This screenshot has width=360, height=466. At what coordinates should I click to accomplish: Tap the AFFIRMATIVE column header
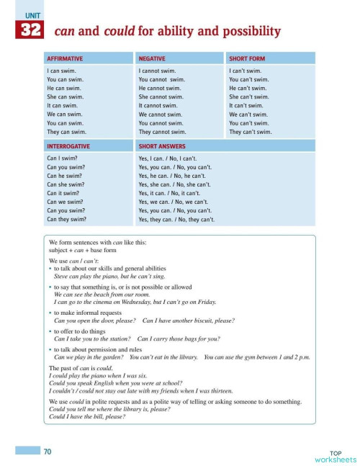(x=65, y=58)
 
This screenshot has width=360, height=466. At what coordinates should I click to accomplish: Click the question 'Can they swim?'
(x=66, y=219)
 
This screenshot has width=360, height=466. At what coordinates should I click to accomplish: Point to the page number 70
(x=48, y=452)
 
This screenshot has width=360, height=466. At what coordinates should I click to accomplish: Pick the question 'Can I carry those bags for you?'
(x=179, y=338)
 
